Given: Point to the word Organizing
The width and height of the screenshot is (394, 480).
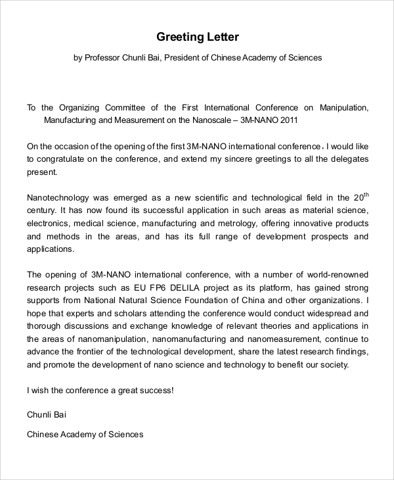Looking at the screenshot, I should pyautogui.click(x=79, y=108).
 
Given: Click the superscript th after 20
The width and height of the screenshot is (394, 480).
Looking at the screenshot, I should pyautogui.click(x=366, y=194).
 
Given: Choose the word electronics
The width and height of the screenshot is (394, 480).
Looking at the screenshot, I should pyautogui.click(x=48, y=224).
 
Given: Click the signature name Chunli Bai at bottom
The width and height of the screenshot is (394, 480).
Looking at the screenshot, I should pyautogui.click(x=47, y=415).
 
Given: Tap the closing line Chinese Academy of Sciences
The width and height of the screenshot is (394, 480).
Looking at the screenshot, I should pyautogui.click(x=85, y=435).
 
